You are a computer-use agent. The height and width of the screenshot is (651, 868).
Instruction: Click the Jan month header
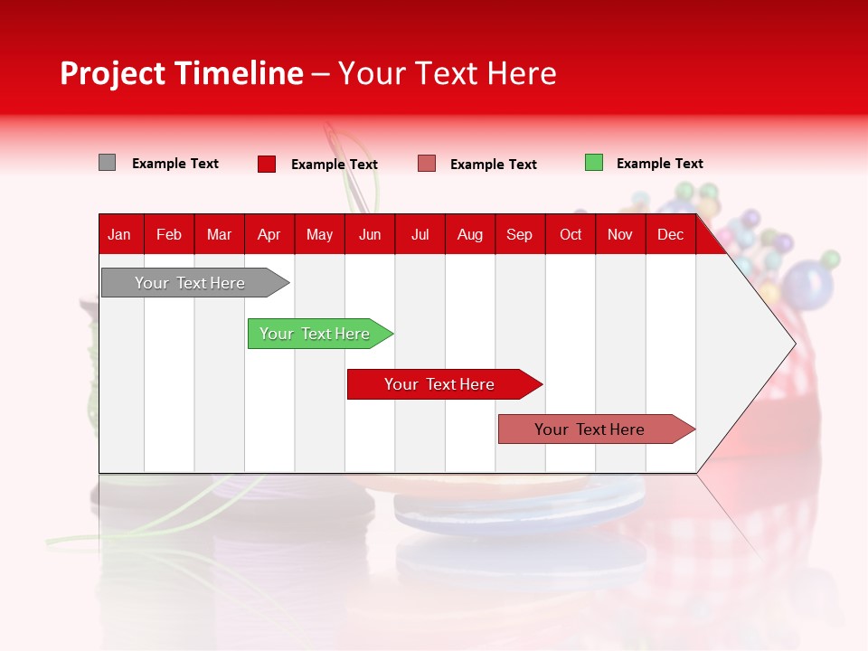pyautogui.click(x=119, y=234)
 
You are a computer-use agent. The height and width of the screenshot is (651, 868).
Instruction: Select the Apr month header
pyautogui.click(x=269, y=234)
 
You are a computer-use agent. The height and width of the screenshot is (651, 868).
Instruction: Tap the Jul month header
pyautogui.click(x=420, y=234)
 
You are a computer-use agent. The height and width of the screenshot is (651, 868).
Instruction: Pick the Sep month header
pyautogui.click(x=519, y=234)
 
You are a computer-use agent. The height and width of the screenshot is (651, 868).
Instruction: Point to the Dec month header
pyautogui.click(x=670, y=234)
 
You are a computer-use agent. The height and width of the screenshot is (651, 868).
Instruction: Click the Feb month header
pyautogui.click(x=169, y=234)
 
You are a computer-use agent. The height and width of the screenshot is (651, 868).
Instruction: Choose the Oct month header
pyautogui.click(x=571, y=234)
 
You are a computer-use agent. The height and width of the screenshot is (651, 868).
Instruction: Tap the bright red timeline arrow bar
pyautogui.click(x=440, y=384)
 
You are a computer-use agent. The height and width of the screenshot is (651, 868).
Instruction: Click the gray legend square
pyautogui.click(x=107, y=163)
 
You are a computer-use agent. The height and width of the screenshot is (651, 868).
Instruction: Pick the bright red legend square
pyautogui.click(x=267, y=164)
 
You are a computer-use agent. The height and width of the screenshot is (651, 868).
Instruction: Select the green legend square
pyautogui.click(x=594, y=163)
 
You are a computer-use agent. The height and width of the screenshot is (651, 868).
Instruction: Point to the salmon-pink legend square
pyautogui.click(x=427, y=164)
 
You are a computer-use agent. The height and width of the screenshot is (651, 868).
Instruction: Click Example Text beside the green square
pyautogui.click(x=659, y=164)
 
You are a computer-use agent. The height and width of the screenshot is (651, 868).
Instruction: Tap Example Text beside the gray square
pyautogui.click(x=175, y=164)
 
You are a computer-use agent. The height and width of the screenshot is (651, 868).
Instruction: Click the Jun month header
pyautogui.click(x=370, y=234)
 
